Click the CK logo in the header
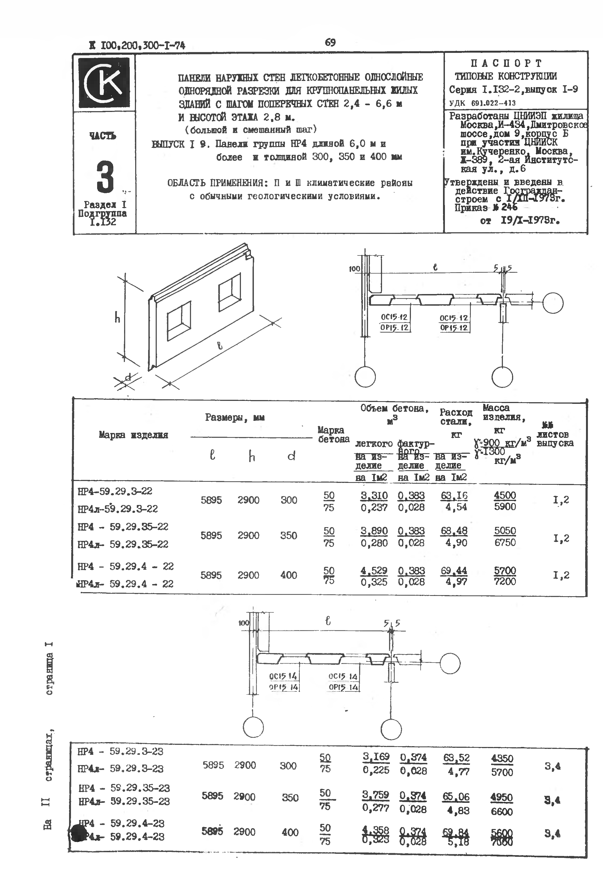[x=104, y=83]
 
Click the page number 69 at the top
[x=330, y=42]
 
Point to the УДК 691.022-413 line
[x=482, y=103]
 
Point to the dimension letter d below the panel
[x=128, y=377]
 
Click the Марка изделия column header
[x=133, y=435]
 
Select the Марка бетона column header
[x=333, y=435]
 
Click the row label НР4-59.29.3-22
[x=115, y=491]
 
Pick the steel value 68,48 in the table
[x=454, y=531]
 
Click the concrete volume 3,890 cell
[x=374, y=531]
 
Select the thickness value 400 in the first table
[x=288, y=575]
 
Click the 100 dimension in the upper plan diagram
[x=354, y=269]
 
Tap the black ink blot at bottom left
[x=77, y=831]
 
